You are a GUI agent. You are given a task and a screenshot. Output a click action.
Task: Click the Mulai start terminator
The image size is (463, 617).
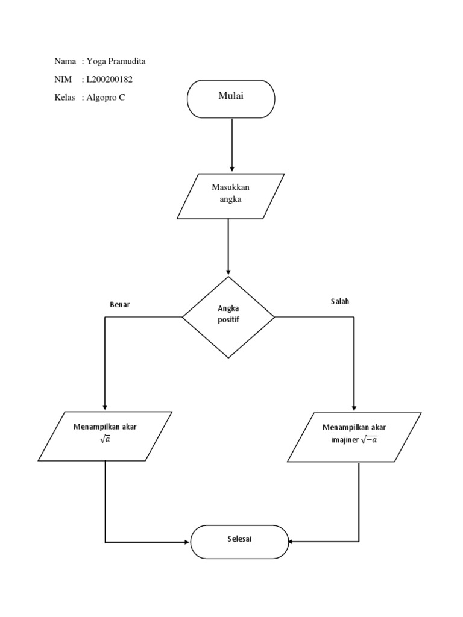tap(231, 99)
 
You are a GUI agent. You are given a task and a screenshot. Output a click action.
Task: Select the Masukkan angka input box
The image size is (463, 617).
tap(230, 196)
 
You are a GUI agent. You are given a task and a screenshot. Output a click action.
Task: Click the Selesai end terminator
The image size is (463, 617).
tap(239, 542)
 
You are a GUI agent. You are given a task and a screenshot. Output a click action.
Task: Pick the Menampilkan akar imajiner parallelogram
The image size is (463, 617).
tap(354, 437)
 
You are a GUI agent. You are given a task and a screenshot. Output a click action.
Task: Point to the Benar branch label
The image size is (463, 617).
tap(119, 304)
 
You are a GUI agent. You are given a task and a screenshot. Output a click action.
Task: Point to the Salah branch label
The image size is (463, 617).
tap(339, 301)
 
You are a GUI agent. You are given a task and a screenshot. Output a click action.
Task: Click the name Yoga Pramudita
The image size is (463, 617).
tap(116, 61)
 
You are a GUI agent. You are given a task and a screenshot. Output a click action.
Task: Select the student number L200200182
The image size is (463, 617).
tap(109, 80)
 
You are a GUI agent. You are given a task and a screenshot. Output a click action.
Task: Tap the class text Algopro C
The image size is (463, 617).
tap(106, 98)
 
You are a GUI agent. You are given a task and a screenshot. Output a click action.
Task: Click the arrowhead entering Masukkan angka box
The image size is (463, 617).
tap(232, 169)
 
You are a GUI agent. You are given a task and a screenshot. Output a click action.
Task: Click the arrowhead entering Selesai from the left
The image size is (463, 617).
tap(186, 542)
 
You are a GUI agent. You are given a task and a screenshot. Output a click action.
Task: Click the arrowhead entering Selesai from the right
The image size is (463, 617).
tap(292, 542)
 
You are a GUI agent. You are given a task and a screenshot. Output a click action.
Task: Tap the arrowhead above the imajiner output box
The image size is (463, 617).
tap(354, 407)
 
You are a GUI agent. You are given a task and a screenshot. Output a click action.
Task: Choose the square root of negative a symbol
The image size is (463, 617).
tap(370, 440)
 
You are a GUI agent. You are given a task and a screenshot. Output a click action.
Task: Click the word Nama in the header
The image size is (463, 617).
tap(65, 61)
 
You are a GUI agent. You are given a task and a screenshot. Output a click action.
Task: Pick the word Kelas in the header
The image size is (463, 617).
tap(65, 98)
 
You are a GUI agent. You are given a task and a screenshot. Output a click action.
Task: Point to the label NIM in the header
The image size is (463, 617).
tap(63, 80)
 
